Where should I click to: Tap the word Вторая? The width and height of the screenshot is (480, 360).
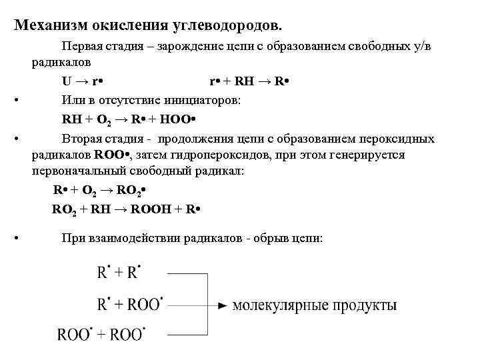click(x=82, y=139)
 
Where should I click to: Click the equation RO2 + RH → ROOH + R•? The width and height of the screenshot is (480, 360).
click(x=127, y=210)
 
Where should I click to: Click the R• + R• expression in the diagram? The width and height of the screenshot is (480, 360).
click(x=119, y=273)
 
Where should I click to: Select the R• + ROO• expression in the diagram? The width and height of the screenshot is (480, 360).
click(x=130, y=304)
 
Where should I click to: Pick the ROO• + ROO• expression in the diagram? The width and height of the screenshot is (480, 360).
click(x=101, y=333)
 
